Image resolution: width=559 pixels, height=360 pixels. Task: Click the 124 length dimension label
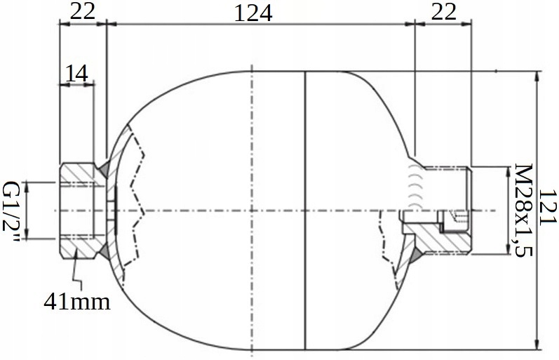(254, 13)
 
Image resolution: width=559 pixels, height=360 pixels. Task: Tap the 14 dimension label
(77, 73)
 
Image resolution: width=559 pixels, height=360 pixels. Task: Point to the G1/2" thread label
(12, 210)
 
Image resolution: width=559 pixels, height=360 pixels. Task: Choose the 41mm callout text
(77, 302)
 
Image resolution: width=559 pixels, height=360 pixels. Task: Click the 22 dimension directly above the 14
(81, 11)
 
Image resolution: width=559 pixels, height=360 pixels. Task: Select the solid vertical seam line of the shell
(307, 211)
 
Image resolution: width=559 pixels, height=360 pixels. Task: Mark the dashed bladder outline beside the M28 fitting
(384, 246)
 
